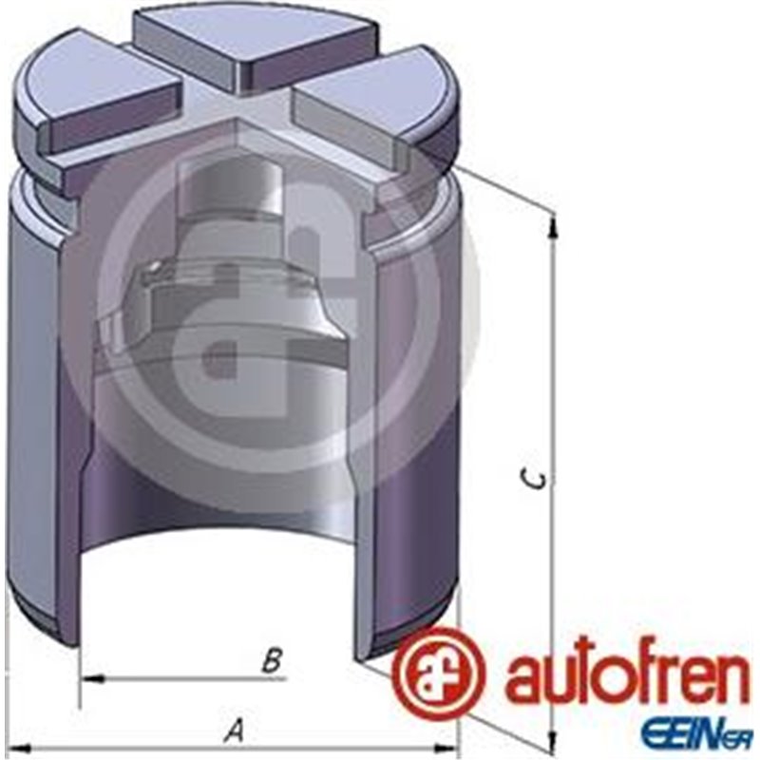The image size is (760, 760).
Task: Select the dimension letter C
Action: coord(539,479)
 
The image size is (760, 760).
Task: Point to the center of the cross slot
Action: coord(237,109)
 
